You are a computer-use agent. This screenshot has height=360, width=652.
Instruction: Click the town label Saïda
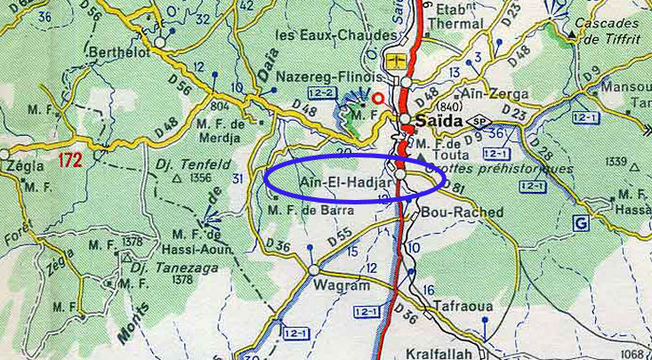(437, 120)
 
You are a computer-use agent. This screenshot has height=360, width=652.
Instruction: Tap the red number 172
(72, 161)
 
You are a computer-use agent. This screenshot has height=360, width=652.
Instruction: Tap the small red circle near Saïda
(380, 98)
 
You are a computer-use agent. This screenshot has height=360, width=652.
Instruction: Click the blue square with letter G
(581, 223)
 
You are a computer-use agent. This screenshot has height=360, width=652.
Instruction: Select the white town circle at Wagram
(313, 269)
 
